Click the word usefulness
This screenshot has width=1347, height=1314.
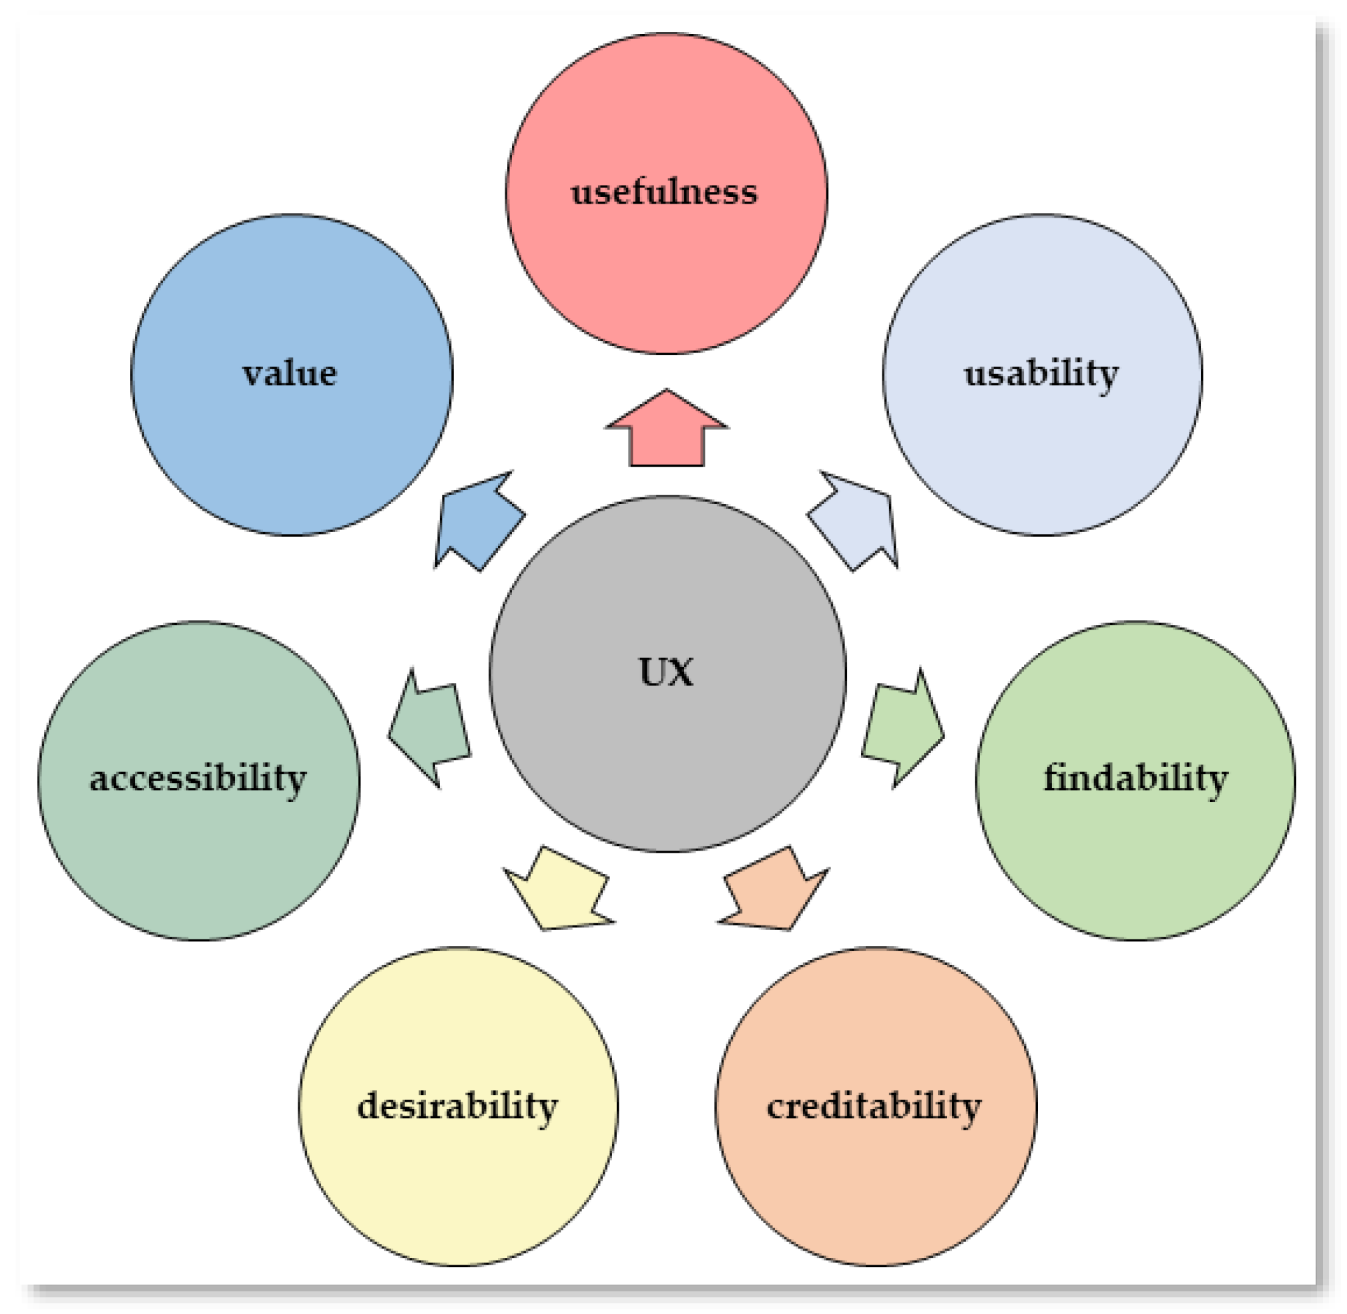pos(664,192)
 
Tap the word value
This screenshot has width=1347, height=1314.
pos(290,374)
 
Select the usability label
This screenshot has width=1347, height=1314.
pos(1041,374)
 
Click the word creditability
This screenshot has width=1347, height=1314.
pos(874,1107)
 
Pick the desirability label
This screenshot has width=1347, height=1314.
pos(457,1107)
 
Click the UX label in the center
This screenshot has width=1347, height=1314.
pos(666,672)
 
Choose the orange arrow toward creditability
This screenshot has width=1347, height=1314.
pos(776,891)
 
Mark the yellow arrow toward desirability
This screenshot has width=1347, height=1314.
pos(559,891)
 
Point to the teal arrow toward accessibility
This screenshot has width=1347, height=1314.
pos(431,727)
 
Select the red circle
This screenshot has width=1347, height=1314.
pos(667,276)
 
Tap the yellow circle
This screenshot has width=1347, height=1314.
pos(457,1187)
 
